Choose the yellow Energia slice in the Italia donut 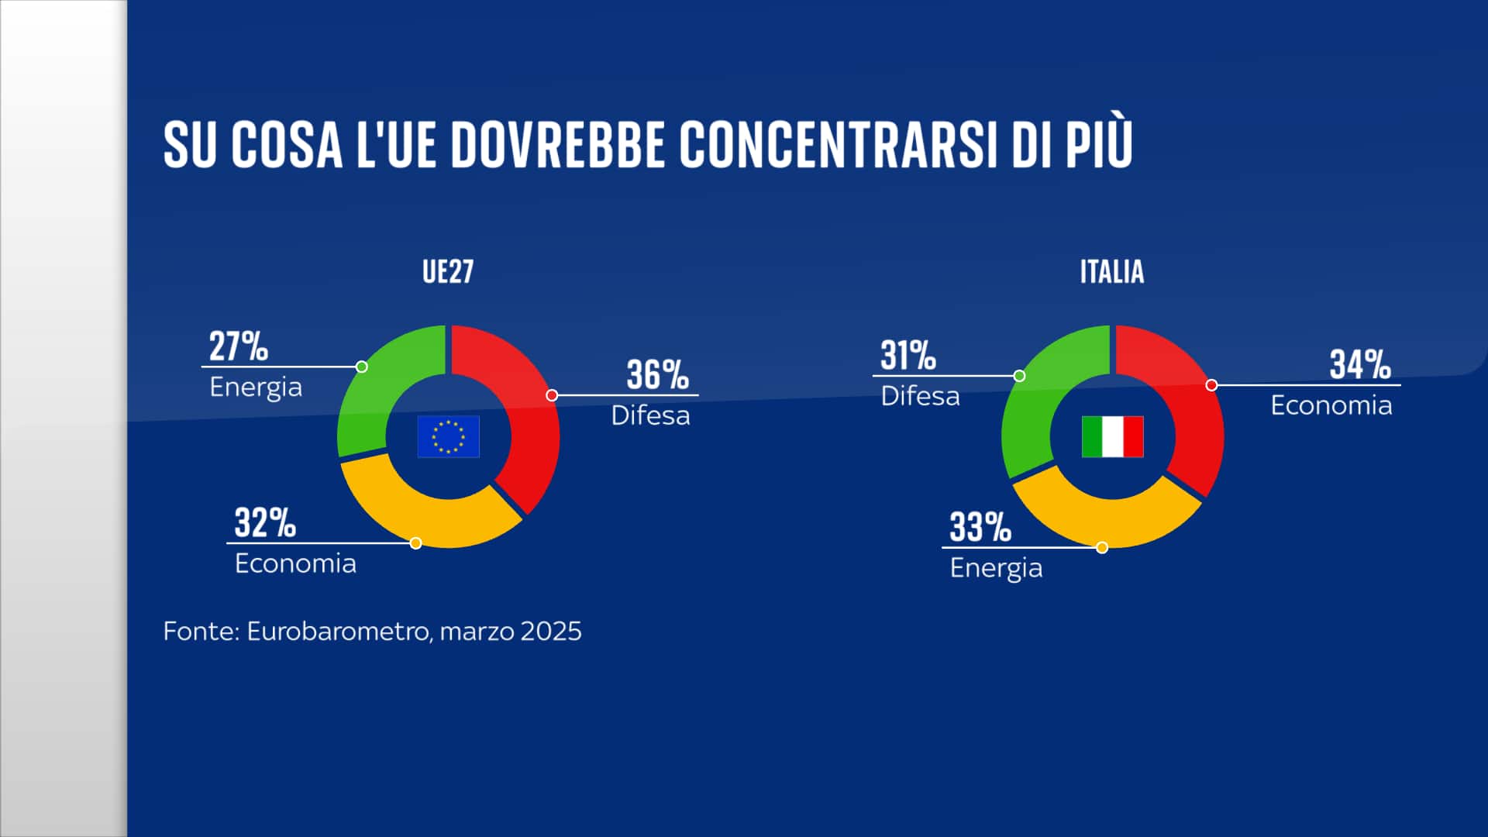pyautogui.click(x=1108, y=519)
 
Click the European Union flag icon pyautogui.click(x=448, y=436)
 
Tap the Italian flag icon pyautogui.click(x=1112, y=436)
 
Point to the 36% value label pyautogui.click(x=657, y=375)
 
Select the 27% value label pyautogui.click(x=238, y=346)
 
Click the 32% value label pyautogui.click(x=265, y=523)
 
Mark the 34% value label pyautogui.click(x=1360, y=365)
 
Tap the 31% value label pyautogui.click(x=908, y=356)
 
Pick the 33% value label pyautogui.click(x=980, y=528)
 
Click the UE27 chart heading pyautogui.click(x=448, y=272)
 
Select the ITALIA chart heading pyautogui.click(x=1111, y=272)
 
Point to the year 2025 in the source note pyautogui.click(x=550, y=632)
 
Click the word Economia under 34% pyautogui.click(x=1331, y=405)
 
